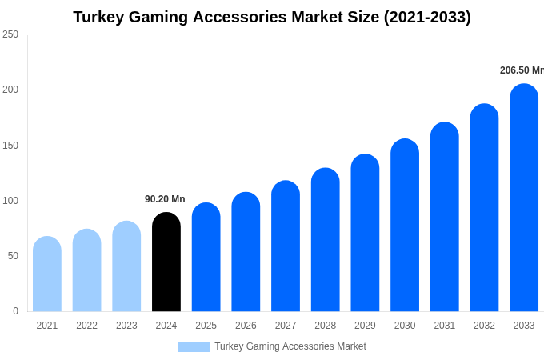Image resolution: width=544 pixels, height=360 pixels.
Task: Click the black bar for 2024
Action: (166, 262)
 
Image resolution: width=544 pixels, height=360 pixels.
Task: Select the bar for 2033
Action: (524, 198)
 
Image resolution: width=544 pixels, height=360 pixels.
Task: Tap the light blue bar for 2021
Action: (47, 274)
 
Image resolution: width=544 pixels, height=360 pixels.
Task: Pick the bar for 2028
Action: (326, 240)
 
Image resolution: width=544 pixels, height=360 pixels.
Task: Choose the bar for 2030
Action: (405, 226)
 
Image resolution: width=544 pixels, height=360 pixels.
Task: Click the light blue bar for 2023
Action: (126, 266)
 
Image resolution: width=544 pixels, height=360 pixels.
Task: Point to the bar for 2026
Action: (246, 252)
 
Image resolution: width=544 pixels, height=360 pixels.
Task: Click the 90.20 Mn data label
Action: (165, 199)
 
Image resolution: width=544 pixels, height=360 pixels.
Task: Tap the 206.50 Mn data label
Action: (522, 70)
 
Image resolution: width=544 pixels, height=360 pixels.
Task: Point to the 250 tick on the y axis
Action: (10, 34)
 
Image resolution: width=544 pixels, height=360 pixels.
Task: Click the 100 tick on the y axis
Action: (10, 201)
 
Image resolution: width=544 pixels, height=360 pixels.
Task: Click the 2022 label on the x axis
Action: (86, 326)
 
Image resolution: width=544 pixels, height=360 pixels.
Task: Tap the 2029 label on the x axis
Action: (365, 326)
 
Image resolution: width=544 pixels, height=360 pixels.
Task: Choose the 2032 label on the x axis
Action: (484, 326)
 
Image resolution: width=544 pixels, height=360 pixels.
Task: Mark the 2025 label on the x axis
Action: (206, 326)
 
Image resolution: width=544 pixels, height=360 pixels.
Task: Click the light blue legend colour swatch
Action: (194, 347)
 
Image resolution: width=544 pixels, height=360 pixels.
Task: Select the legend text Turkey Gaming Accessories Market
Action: (290, 346)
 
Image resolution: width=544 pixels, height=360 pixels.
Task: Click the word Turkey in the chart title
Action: (101, 17)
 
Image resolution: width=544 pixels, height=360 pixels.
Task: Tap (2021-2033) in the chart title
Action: (427, 17)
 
